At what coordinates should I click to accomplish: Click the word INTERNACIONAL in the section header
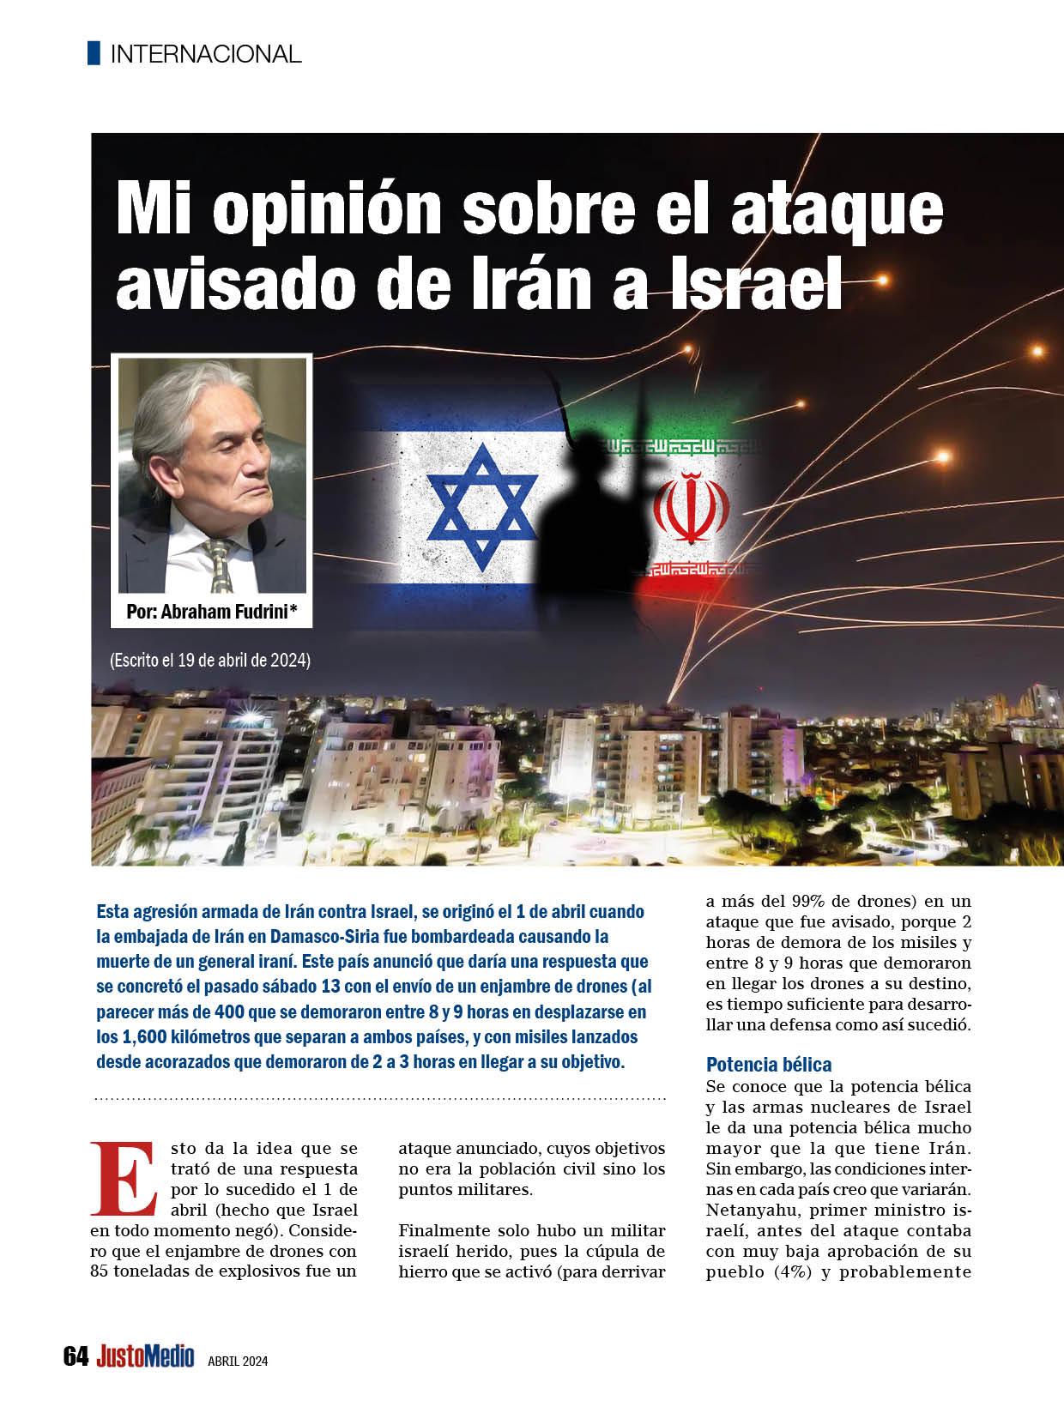pyautogui.click(x=206, y=54)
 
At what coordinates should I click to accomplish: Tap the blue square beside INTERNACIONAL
pyautogui.click(x=94, y=53)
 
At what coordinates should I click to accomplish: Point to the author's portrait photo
pyautogui.click(x=213, y=475)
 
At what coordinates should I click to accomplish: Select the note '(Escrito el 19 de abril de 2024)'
pyautogui.click(x=209, y=661)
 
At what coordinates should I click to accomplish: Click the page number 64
pyautogui.click(x=76, y=1357)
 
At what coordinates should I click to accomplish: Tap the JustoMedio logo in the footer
pyautogui.click(x=145, y=1357)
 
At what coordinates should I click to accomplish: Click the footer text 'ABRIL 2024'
pyautogui.click(x=238, y=1360)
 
